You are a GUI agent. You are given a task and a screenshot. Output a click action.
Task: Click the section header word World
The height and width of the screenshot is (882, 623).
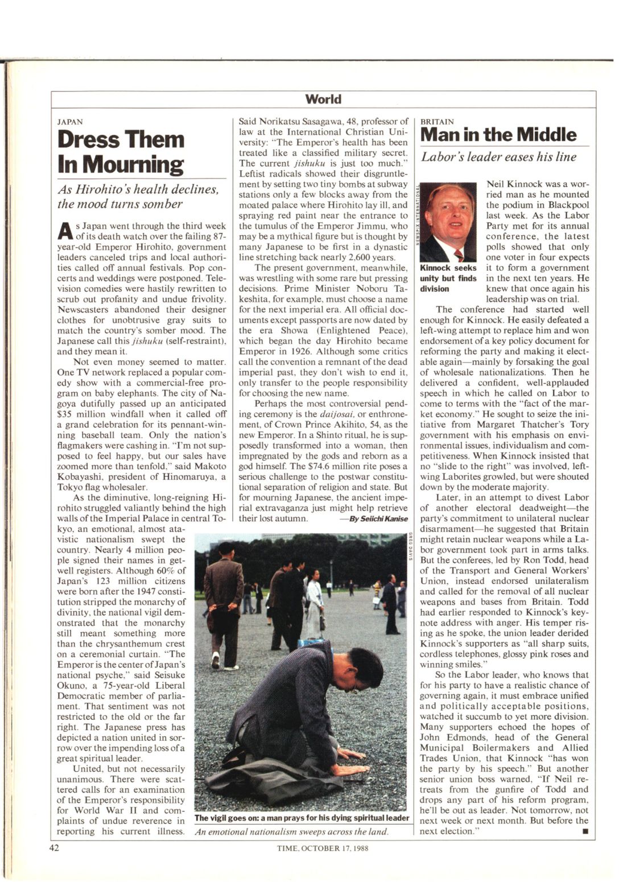tap(323, 100)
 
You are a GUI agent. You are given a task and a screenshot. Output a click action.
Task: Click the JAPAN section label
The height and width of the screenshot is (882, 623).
tap(70, 122)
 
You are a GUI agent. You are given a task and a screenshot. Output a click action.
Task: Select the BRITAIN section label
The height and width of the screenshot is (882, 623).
tap(437, 122)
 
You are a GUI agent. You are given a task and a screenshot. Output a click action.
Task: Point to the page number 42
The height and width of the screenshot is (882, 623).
tap(54, 848)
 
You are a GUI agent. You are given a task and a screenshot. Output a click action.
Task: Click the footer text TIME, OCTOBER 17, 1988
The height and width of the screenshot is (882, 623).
tap(323, 848)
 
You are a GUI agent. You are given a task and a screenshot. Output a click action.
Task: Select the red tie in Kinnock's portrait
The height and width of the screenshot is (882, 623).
tap(458, 254)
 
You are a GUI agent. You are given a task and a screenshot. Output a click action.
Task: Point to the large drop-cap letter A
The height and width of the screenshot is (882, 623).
tap(65, 231)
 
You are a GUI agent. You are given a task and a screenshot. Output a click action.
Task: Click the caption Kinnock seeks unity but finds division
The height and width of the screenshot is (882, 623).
tap(448, 278)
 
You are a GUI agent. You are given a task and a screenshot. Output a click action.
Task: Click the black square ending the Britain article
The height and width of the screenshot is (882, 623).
tap(584, 831)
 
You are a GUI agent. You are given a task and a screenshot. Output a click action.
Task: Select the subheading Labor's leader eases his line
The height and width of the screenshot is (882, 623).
tap(498, 157)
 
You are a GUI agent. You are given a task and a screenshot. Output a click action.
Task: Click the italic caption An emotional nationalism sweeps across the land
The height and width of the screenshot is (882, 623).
tap(292, 831)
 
